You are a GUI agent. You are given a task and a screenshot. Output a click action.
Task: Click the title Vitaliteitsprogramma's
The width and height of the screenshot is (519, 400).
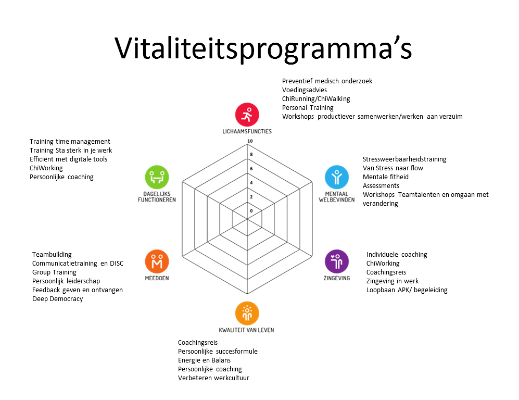263,48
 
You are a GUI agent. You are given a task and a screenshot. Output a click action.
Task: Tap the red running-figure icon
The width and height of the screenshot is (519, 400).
247,115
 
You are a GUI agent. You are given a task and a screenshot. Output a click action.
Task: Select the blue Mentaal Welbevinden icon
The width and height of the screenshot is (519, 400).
337,177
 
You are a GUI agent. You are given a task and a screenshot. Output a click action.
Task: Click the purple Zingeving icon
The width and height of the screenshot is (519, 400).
337,261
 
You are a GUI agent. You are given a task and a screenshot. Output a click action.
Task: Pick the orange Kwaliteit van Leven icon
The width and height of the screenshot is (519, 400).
247,313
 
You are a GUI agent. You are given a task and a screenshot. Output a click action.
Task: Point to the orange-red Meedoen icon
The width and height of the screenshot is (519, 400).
157,261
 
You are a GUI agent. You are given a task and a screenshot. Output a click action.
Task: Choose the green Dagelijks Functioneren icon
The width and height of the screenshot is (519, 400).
157,177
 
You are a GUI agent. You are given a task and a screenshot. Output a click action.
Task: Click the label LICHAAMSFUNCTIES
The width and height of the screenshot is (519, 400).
247,131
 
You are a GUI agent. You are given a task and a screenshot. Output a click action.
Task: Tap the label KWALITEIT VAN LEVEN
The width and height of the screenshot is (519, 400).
247,330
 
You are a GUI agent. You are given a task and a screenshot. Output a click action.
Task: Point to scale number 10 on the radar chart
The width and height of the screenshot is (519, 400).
250,141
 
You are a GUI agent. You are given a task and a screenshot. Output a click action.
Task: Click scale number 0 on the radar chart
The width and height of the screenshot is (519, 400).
251,211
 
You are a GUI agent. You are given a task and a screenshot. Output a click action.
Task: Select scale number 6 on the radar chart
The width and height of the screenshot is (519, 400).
251,169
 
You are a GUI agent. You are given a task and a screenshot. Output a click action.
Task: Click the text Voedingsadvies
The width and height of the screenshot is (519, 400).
305,90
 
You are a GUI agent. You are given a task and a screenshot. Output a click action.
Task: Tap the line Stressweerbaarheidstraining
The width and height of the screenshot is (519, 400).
404,159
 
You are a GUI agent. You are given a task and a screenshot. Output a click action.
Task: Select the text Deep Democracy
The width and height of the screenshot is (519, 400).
58,299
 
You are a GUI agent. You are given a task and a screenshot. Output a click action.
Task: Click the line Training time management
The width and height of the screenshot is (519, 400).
70,142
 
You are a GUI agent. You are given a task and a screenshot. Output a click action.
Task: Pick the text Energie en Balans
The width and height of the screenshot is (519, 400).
204,360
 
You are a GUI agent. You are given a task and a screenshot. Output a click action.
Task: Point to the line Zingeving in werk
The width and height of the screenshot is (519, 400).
392,281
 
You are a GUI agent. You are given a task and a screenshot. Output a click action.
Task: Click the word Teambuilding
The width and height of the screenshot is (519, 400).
52,255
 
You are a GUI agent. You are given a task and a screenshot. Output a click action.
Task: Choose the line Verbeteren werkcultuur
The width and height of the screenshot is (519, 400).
213,378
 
